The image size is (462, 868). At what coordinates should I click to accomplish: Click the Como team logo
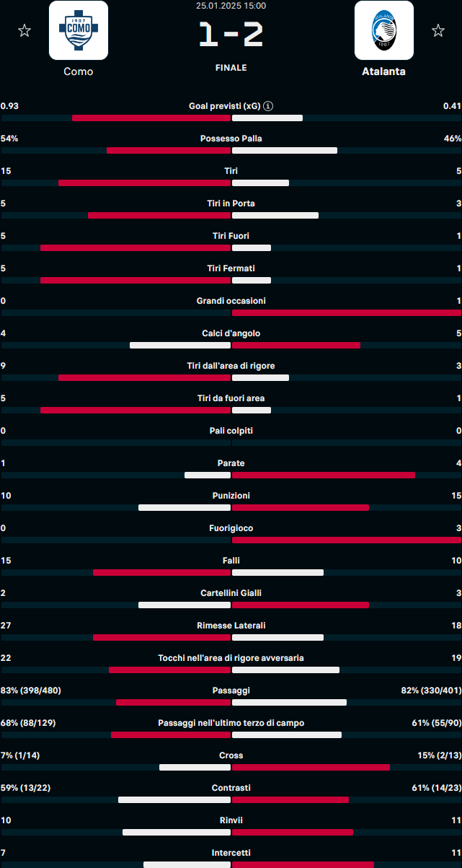(79, 30)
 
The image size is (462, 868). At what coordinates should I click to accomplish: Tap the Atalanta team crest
(384, 30)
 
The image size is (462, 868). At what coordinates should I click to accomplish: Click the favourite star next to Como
(25, 30)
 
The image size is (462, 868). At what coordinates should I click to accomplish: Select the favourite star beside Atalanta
(437, 30)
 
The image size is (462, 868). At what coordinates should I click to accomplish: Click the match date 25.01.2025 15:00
(231, 6)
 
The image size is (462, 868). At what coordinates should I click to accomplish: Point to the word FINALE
(231, 68)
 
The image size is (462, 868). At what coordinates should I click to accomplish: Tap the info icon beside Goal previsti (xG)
(268, 106)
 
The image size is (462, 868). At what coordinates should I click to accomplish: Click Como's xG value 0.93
(10, 106)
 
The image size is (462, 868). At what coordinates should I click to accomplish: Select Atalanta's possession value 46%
(452, 139)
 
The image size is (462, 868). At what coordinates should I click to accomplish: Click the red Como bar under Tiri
(144, 183)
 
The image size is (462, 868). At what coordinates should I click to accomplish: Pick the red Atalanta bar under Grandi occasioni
(346, 313)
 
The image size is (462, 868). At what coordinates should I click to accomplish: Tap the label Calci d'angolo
(231, 333)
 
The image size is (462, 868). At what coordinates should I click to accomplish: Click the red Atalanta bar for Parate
(323, 475)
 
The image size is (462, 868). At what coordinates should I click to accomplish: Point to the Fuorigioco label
(231, 528)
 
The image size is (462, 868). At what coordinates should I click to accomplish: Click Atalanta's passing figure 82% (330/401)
(431, 691)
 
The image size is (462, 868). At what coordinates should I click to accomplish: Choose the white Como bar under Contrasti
(174, 800)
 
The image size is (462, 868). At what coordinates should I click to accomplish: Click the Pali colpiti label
(231, 431)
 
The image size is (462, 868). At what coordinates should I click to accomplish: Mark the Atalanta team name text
(383, 71)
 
